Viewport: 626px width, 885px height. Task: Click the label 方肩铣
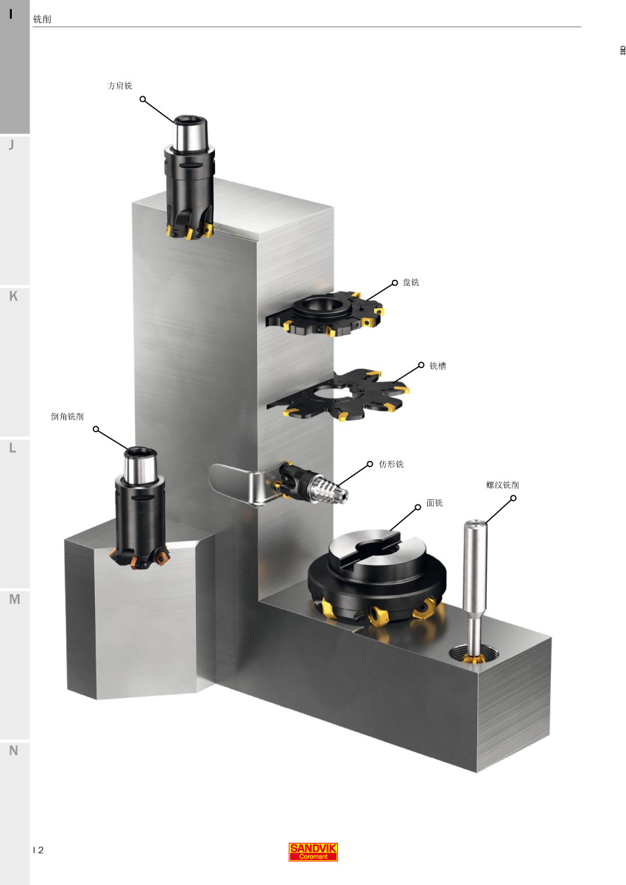point(120,85)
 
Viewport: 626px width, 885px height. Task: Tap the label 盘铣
point(411,282)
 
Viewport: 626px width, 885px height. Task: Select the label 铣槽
point(437,365)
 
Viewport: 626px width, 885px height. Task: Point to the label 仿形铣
point(391,464)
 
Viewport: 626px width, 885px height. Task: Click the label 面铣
point(435,503)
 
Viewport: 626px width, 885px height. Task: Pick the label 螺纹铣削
point(502,484)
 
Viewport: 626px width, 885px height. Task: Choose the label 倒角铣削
point(67,416)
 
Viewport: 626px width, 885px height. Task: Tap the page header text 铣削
point(42,19)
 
